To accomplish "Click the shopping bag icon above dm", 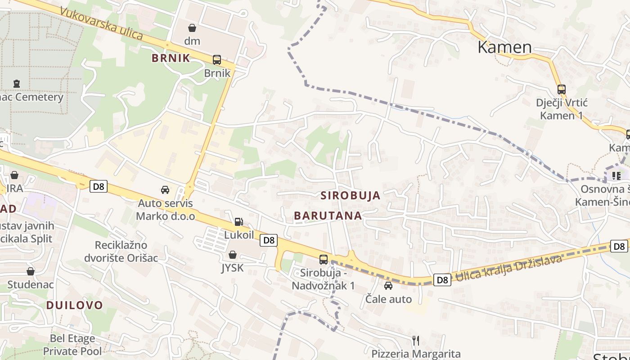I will tap(192, 28).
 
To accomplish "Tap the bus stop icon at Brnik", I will tap(216, 59).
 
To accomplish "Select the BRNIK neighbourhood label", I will tap(171, 58).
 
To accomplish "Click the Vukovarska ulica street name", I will tap(101, 23).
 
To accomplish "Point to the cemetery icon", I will tap(17, 83).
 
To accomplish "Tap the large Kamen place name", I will tap(504, 47).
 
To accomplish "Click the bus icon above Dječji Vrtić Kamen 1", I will tap(561, 89).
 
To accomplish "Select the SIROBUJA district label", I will tap(351, 195).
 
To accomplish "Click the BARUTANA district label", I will tap(328, 216).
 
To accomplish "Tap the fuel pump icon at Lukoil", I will tap(238, 221).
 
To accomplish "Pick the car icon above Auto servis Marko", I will tap(165, 190).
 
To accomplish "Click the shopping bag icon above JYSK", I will tap(233, 255).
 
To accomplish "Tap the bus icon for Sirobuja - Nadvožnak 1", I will tap(323, 259).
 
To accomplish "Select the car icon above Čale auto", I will tap(388, 285).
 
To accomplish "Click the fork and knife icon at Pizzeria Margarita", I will tap(416, 340).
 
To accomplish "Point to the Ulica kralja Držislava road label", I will tap(509, 269).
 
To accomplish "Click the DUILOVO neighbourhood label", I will tap(75, 305).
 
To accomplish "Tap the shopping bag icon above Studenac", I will tap(30, 271).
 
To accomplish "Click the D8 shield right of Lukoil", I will tap(269, 240).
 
